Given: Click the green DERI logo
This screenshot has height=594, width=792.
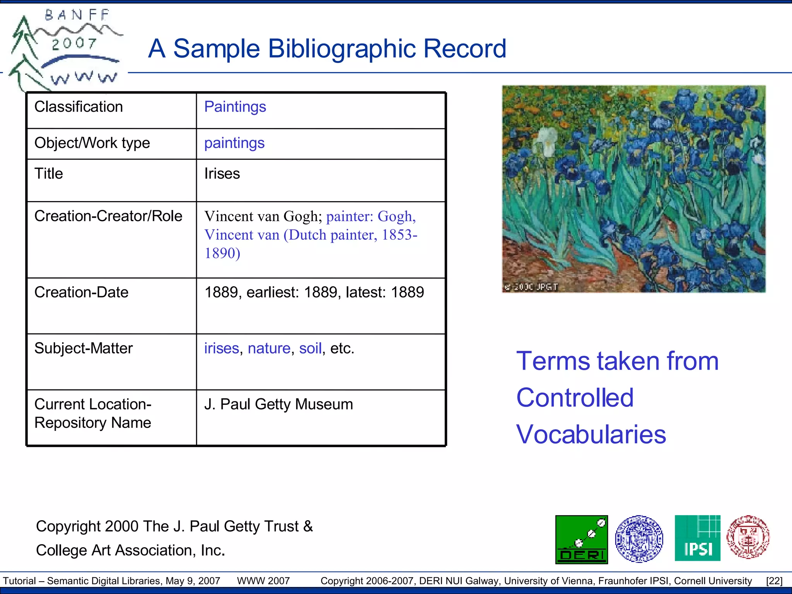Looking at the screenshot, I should [581, 539].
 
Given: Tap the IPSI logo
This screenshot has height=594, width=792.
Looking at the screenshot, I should [697, 538].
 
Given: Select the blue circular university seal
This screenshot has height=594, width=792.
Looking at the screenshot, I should [639, 539].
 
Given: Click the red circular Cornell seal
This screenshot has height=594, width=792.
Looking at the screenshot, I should [748, 537].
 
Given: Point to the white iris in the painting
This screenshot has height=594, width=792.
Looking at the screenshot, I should [546, 142].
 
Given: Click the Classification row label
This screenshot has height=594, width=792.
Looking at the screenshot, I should [79, 107].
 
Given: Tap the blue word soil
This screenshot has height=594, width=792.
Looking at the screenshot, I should [310, 348].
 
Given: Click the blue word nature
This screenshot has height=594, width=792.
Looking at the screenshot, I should [269, 348].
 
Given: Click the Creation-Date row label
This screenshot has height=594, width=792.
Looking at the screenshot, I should [81, 292].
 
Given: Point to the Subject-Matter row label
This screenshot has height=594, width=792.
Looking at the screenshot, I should [84, 348].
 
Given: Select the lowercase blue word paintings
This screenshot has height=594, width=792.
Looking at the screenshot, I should [234, 143].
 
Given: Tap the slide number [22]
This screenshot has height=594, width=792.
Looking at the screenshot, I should [774, 581].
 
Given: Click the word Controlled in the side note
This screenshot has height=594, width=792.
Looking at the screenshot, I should [575, 398].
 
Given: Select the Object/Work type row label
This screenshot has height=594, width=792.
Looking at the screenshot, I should [92, 143].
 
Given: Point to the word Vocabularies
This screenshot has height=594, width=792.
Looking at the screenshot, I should [591, 434].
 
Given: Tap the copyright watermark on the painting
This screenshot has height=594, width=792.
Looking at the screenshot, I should [531, 287].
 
